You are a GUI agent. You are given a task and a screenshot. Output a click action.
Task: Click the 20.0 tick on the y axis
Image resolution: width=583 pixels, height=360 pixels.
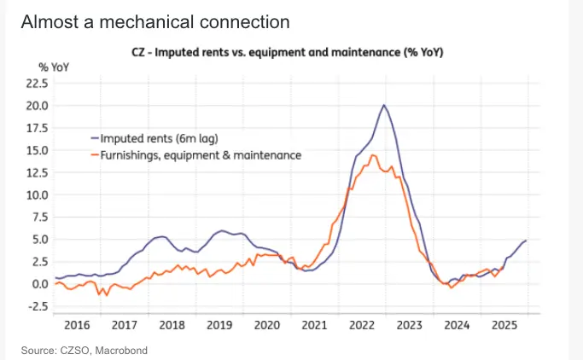(x=38, y=106)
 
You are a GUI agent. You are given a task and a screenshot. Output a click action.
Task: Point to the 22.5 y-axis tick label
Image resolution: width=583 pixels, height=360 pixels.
(x=38, y=84)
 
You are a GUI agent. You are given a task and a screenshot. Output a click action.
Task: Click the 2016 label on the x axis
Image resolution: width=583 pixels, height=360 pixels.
(x=77, y=325)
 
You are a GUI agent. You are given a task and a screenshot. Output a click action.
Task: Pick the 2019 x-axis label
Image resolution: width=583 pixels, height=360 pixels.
(x=220, y=325)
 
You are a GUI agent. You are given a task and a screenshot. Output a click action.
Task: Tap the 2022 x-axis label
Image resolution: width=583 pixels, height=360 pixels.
(x=363, y=325)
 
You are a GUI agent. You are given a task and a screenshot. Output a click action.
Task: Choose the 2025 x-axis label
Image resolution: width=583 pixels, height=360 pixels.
(x=505, y=325)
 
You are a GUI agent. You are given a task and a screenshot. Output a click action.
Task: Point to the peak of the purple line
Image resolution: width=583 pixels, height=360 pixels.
(x=384, y=105)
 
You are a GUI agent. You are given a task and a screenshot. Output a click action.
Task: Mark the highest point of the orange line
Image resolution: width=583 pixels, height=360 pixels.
(x=370, y=154)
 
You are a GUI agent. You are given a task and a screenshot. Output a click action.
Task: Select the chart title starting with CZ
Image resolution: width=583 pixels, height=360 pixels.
(x=290, y=52)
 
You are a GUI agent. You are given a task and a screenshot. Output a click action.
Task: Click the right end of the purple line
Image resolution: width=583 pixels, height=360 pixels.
(x=526, y=241)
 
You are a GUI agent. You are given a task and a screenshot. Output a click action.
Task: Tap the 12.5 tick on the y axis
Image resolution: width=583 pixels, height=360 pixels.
(x=38, y=172)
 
